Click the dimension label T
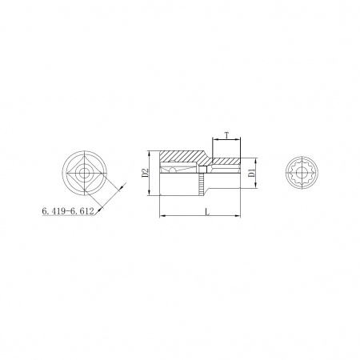(x=226, y=135)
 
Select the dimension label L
(x=207, y=212)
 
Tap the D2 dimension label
(x=145, y=173)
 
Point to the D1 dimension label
(x=251, y=173)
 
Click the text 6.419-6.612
(x=68, y=211)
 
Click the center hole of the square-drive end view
(x=85, y=174)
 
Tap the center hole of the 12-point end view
(x=301, y=173)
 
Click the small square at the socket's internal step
(x=203, y=170)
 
